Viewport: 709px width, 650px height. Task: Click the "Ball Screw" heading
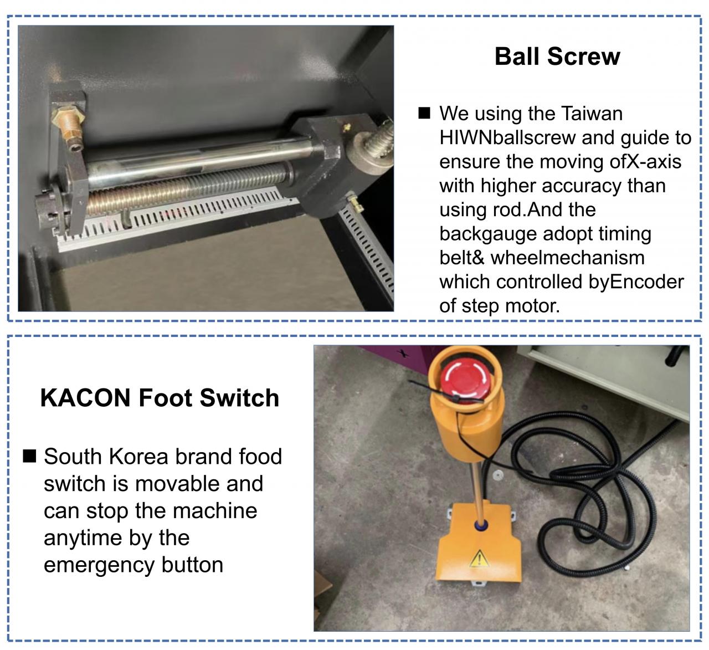tap(557, 56)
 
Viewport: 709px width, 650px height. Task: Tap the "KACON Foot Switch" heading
tap(160, 398)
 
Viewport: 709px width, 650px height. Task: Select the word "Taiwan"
tap(592, 114)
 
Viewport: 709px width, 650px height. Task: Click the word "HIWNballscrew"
tap(507, 137)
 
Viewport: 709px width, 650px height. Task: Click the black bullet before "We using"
tap(424, 113)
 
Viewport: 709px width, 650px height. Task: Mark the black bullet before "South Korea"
tap(29, 456)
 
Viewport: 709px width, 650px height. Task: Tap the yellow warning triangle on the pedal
tap(479, 559)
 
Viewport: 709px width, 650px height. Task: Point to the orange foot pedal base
tap(479, 545)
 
